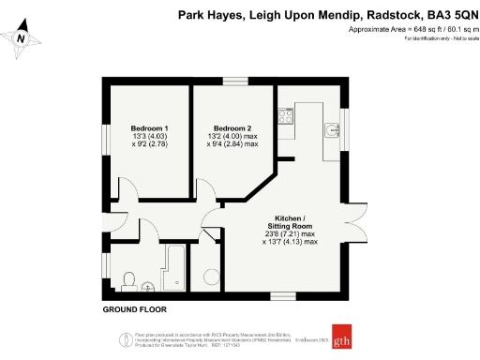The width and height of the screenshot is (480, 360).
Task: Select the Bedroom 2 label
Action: point(233,127)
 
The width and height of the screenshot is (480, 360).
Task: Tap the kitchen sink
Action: point(333,127)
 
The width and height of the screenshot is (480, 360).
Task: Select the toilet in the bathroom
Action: point(128,279)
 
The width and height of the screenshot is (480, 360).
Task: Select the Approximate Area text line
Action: point(412,29)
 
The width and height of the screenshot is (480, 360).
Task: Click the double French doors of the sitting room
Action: point(357,222)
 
